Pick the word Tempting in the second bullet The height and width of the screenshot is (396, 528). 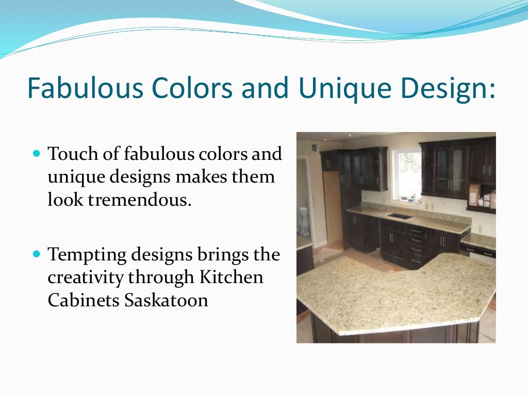85,255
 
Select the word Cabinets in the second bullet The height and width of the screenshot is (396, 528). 83,300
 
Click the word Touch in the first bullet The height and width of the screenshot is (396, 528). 70,154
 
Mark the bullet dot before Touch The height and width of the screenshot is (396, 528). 36,154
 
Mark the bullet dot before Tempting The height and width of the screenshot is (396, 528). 36,255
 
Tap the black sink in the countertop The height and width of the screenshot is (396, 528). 400,216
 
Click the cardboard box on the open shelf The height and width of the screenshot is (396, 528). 474,195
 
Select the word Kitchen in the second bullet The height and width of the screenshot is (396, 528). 239,277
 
